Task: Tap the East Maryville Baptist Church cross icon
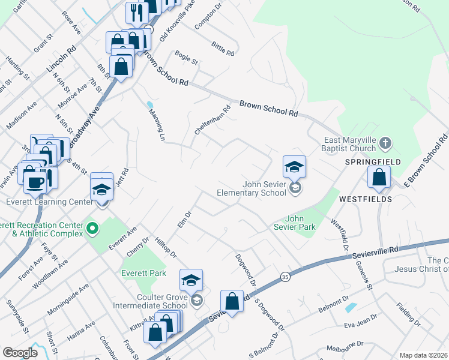[x=385, y=143]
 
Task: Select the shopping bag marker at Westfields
[x=379, y=177]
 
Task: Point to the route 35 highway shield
[x=285, y=277]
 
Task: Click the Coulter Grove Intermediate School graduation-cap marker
[x=191, y=280]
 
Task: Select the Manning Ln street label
[x=155, y=125]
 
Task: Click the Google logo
[x=20, y=353]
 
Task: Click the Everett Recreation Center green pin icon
[x=92, y=228]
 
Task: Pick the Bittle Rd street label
[x=222, y=48]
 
